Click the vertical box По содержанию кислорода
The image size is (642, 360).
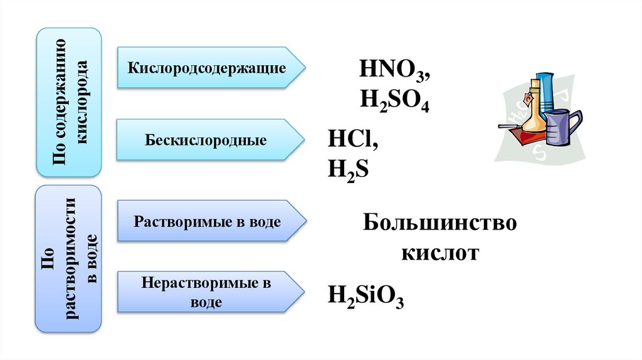(69, 102)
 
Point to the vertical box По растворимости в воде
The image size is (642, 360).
(69, 258)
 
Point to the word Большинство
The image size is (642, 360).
(439, 223)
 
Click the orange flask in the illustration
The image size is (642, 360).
(532, 116)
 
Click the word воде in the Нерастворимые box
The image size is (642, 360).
(206, 302)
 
